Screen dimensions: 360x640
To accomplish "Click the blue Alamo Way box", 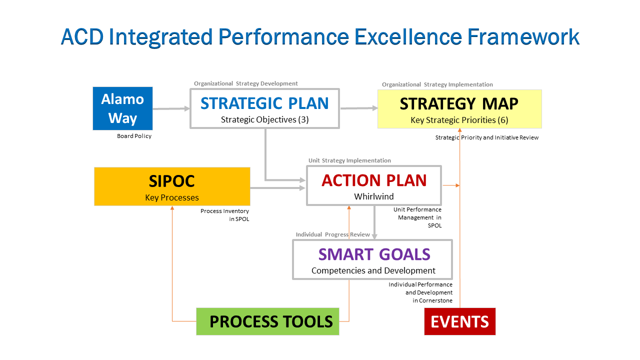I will click(x=122, y=108).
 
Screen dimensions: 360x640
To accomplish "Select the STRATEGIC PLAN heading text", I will click(x=264, y=103).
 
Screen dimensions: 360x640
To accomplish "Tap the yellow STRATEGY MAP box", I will click(x=459, y=109).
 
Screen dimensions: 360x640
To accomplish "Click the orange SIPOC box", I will click(x=172, y=186).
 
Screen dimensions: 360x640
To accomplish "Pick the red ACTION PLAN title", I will click(x=374, y=180).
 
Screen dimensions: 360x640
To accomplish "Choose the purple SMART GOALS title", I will click(x=374, y=254).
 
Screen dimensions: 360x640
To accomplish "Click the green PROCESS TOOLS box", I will click(x=267, y=321).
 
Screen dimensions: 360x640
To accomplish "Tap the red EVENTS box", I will click(x=459, y=321).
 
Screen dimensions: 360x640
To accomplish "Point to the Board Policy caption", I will click(x=134, y=136).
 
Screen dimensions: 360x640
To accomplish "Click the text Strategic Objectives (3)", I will click(x=264, y=119).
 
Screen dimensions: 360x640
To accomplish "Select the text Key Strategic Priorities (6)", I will click(x=459, y=120).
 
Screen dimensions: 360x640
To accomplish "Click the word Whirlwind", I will click(x=374, y=196).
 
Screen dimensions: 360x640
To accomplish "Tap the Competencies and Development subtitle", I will click(x=373, y=270).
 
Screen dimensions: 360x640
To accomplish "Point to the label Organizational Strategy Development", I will click(x=245, y=83).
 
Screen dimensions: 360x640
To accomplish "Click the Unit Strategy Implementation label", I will click(x=349, y=160).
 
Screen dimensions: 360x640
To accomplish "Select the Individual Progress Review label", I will click(x=332, y=234).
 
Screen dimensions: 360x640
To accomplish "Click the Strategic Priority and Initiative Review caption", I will click(x=486, y=137).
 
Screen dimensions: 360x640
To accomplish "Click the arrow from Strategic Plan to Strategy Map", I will click(x=358, y=108).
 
